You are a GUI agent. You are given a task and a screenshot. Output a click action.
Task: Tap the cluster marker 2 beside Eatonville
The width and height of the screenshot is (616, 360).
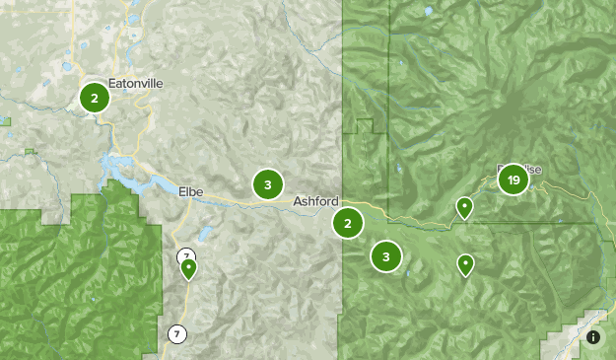click(x=94, y=98)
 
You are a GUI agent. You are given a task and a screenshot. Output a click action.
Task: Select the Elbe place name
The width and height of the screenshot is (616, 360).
click(x=190, y=191)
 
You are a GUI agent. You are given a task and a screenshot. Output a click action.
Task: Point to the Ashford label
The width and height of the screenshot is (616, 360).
click(x=315, y=201)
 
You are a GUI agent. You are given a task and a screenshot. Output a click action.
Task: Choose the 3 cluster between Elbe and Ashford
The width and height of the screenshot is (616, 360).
click(x=267, y=184)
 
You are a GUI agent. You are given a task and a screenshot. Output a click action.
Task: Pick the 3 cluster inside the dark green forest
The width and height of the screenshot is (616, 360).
click(x=386, y=257)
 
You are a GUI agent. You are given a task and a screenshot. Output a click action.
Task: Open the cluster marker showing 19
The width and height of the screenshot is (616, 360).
click(x=513, y=180)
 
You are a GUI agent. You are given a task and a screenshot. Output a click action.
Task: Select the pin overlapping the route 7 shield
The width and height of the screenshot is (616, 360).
click(x=188, y=268)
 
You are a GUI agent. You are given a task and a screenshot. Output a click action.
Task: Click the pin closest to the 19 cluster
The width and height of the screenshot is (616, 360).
click(x=463, y=207)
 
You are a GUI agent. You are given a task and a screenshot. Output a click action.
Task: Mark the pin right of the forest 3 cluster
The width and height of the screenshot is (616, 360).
click(x=464, y=264)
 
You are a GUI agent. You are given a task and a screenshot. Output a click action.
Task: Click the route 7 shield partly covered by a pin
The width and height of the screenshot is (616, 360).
click(x=183, y=257)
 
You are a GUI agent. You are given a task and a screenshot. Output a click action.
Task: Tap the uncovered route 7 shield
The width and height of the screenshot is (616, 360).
click(x=176, y=333)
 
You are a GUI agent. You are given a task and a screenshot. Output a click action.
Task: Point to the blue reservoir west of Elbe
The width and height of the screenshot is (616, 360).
click(x=123, y=170)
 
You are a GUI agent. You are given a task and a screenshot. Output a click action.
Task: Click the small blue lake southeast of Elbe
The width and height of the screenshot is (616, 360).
click(x=206, y=235)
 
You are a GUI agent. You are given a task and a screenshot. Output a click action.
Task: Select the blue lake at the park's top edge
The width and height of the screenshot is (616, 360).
click(x=427, y=11)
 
